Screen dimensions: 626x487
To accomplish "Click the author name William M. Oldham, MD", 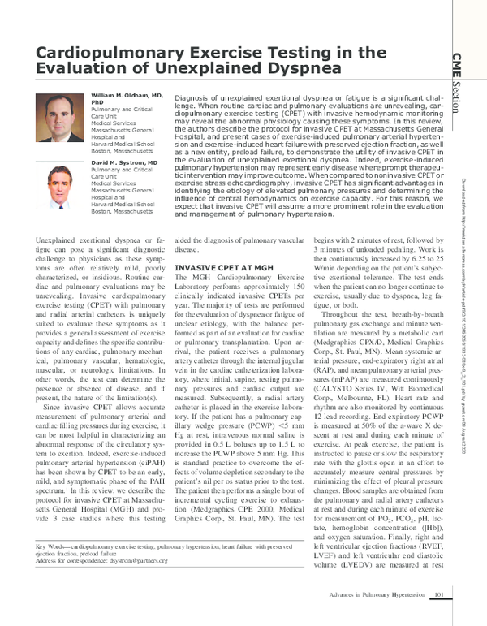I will coord(125,96).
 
